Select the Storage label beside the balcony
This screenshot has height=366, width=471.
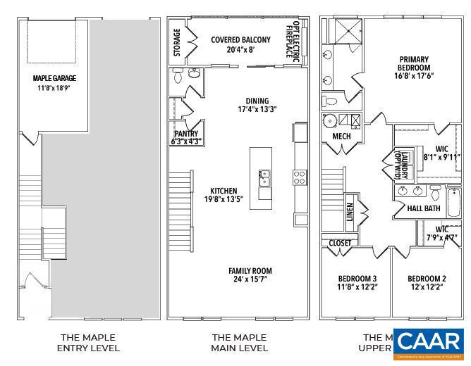(x=177, y=43)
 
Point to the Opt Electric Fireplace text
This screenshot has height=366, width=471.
(x=297, y=42)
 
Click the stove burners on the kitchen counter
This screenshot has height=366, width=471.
(x=300, y=177)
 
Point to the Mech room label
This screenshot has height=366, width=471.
(x=341, y=137)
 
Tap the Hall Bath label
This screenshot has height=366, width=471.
(x=423, y=208)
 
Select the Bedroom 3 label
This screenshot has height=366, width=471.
(x=356, y=282)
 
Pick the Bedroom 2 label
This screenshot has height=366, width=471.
(x=427, y=282)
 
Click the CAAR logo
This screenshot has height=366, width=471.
(x=428, y=343)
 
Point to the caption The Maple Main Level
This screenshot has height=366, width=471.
(x=240, y=343)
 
